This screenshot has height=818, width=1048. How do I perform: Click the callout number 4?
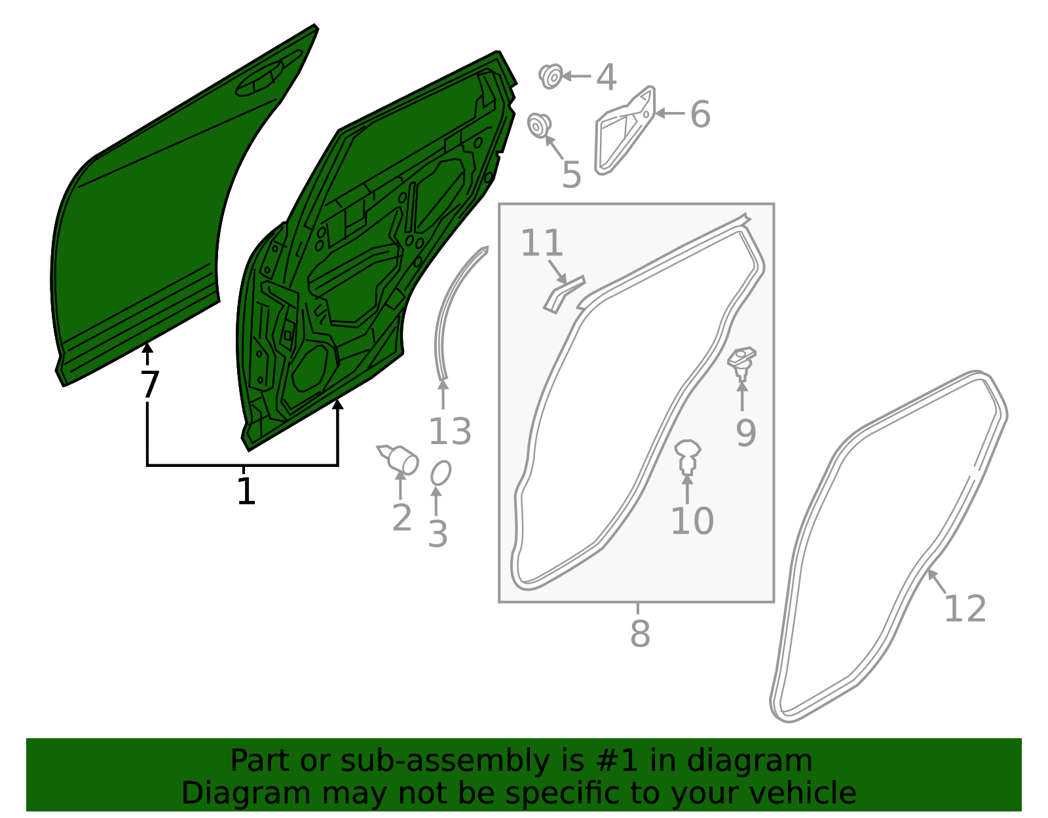pos(607,77)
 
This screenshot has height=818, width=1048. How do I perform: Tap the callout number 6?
pos(700,114)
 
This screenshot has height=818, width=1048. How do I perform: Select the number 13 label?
pos(449,432)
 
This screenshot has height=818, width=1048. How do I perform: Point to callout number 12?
pos(965,609)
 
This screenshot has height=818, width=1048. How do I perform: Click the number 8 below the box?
pos(640,634)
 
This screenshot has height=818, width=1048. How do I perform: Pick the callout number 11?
pos(542,243)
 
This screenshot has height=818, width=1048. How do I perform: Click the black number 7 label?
pos(149,384)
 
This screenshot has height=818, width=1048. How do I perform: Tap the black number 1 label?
pos(246,491)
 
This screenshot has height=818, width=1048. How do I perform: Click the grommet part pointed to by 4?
pos(551,76)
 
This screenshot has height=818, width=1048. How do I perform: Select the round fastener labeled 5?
pos(539,125)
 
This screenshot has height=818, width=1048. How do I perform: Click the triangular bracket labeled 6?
pos(624,130)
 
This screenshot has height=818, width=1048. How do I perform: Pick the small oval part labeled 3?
pos(441,473)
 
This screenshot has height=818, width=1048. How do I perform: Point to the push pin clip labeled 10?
pos(688,456)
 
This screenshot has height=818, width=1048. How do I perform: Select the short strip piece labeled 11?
pos(563,295)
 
